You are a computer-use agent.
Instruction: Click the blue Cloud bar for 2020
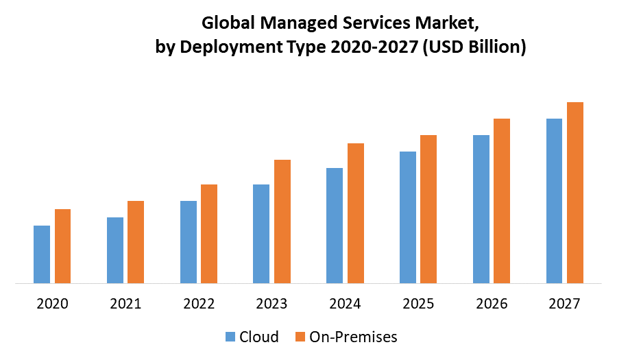tap(42, 254)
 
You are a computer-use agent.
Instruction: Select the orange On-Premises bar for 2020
tap(63, 245)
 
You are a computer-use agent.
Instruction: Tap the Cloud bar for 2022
tap(189, 241)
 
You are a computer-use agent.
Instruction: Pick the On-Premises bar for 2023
tap(282, 221)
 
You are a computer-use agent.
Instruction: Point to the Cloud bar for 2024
tap(335, 225)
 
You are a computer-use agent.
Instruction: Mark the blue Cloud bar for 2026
tap(481, 208)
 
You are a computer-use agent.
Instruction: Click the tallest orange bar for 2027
tap(575, 192)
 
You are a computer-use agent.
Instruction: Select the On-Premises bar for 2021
tap(136, 241)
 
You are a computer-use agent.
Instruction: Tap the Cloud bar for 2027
tap(554, 200)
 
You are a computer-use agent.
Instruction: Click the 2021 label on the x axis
tap(125, 303)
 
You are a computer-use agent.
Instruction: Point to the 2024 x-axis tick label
tap(345, 303)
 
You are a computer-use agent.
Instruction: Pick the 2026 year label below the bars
tap(492, 303)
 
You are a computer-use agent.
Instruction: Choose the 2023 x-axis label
tap(272, 303)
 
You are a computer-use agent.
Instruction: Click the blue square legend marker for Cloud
tap(230, 337)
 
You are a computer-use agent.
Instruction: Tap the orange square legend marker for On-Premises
tap(300, 337)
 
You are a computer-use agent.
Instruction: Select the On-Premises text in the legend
tap(353, 337)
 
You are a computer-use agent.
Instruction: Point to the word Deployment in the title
tap(224, 47)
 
